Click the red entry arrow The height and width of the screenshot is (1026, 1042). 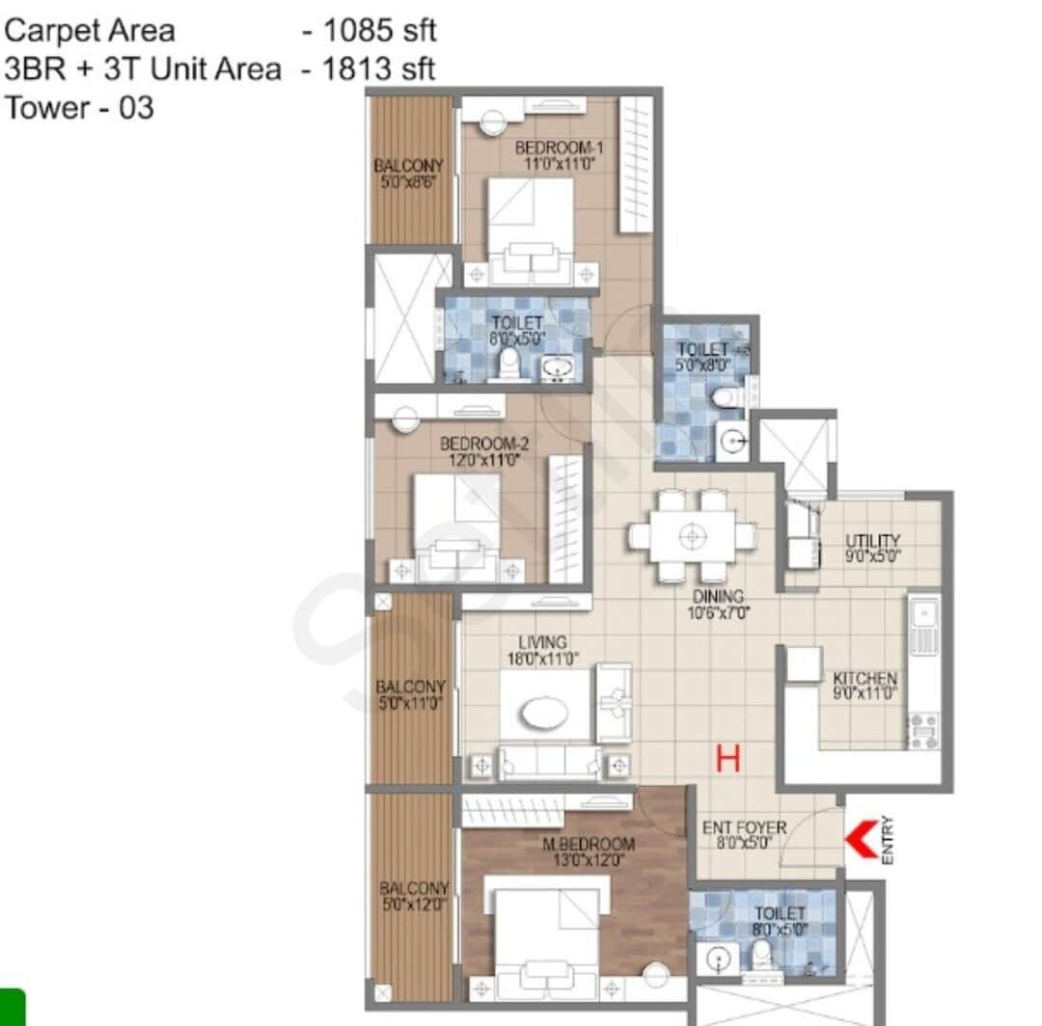coord(861,837)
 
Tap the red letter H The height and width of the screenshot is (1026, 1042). coord(727,758)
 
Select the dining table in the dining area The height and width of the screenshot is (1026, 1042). coord(691,535)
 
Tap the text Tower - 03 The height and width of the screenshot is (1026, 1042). coord(79,107)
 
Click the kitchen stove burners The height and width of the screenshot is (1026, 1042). coord(922,730)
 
